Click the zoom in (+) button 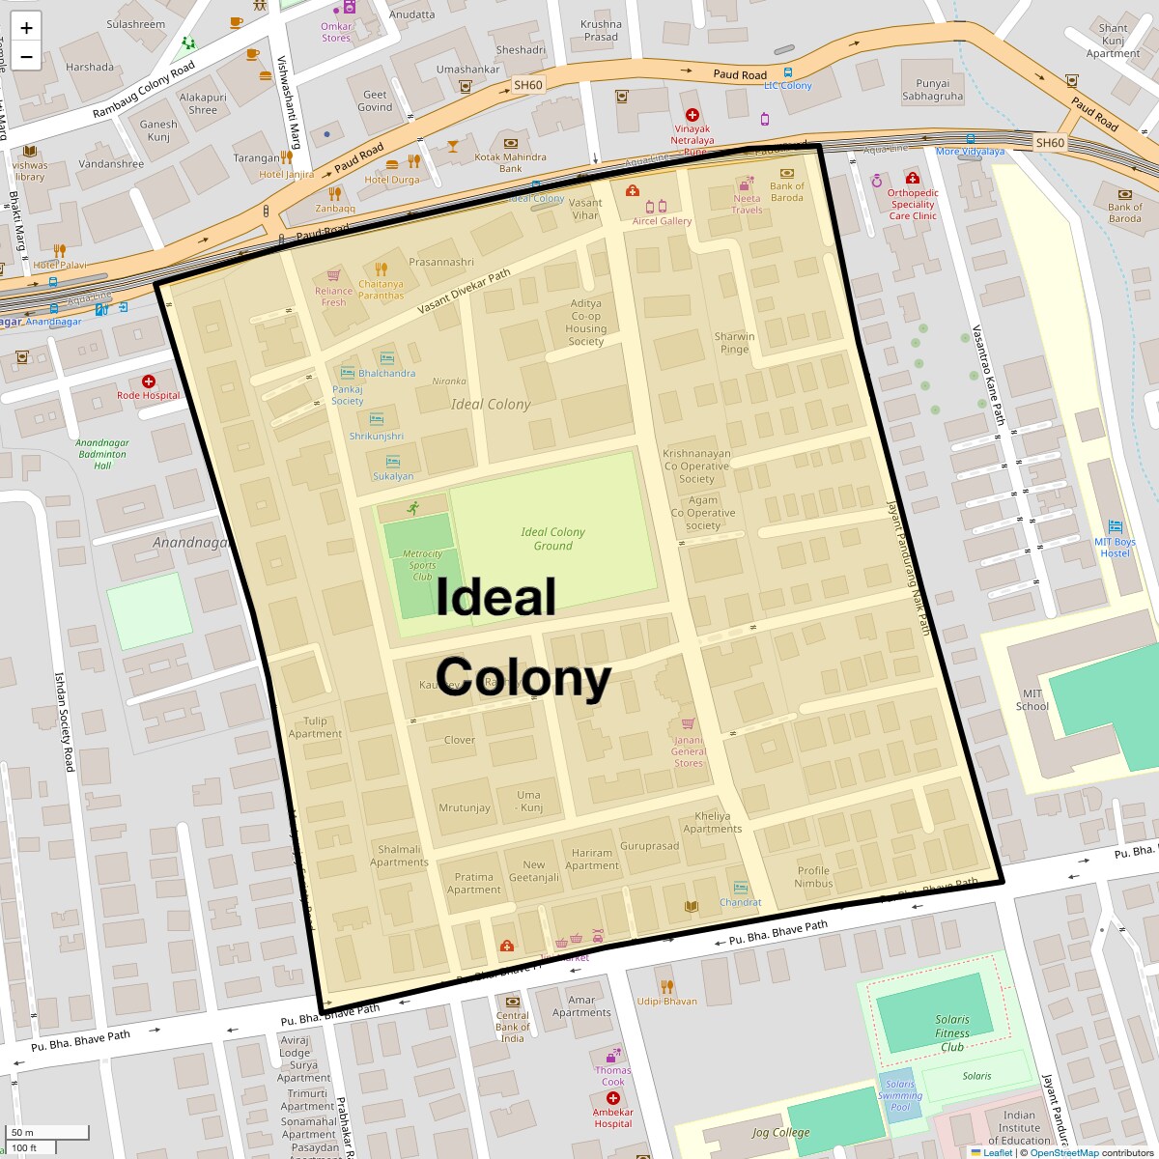26,27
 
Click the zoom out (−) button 26,57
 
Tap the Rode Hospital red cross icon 149,382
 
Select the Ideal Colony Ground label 552,539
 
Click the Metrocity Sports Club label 422,565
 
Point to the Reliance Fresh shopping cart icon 333,275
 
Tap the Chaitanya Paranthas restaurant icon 381,269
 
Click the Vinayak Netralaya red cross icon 692,115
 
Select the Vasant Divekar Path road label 464,292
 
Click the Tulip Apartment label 315,727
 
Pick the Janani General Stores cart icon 688,723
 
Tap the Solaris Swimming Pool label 899,1095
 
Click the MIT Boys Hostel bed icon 1116,526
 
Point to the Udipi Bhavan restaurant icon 666,986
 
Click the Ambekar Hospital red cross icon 612,1099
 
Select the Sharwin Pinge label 734,343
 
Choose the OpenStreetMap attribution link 1063,1152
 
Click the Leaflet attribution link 998,1152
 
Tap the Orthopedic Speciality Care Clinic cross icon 912,178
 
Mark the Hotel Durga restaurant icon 414,161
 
